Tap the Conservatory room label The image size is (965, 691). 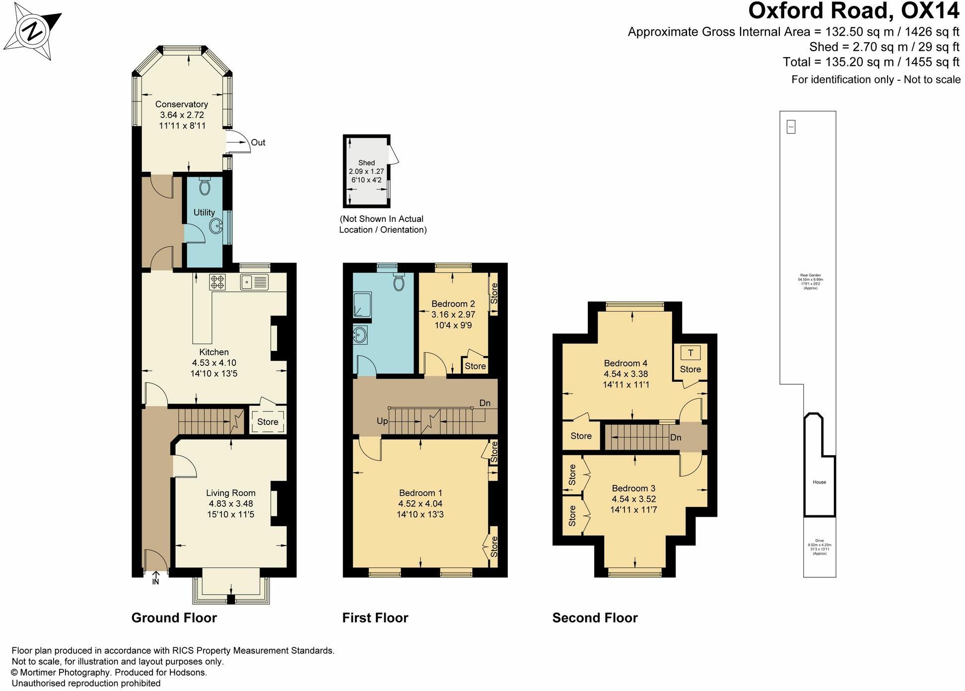(181, 104)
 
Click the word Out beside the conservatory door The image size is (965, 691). (258, 142)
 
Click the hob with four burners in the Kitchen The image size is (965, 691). (217, 282)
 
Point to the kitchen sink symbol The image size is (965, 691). (254, 282)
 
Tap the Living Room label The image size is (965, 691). (231, 493)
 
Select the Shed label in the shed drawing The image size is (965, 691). (366, 163)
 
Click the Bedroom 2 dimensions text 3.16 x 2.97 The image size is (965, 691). (453, 314)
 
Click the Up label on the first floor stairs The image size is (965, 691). (382, 421)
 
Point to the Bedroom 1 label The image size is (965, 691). (420, 493)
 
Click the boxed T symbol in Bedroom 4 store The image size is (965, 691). (690, 353)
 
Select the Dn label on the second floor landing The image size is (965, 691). (676, 437)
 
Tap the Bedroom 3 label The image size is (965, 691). (633, 488)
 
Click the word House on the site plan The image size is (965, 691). (819, 482)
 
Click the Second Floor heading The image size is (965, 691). (595, 618)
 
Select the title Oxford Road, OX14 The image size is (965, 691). (854, 11)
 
